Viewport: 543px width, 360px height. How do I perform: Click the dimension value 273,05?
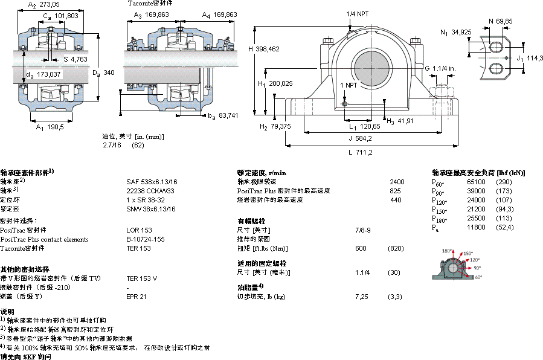50,4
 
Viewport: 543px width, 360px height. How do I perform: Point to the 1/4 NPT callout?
358,13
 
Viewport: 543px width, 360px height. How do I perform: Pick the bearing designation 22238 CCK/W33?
150,190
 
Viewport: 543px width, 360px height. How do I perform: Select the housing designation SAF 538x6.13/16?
152,181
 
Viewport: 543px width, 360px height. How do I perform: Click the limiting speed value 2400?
396,181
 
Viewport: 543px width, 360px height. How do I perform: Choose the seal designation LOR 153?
138,230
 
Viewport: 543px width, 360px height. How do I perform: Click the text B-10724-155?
145,239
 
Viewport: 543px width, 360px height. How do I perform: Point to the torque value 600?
361,248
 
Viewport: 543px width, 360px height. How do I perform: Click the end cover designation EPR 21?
136,297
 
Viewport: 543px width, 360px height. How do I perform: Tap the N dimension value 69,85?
504,21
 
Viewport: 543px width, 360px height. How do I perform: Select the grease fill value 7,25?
362,297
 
